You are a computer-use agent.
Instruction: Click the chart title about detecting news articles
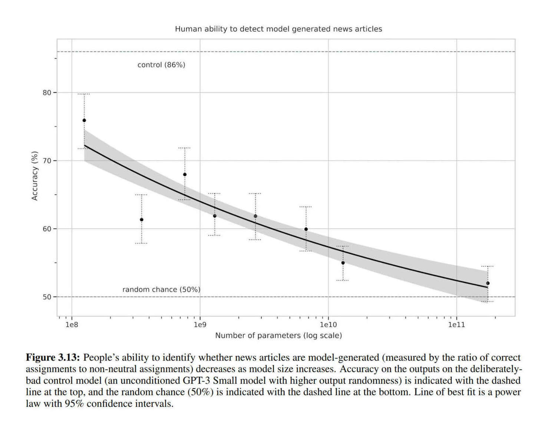pos(278,29)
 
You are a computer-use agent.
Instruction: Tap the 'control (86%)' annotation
pos(161,65)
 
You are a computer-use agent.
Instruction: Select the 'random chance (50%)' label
pos(161,290)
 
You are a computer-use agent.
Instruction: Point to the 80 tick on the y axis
pos(47,93)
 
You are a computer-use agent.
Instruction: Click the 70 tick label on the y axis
pos(47,161)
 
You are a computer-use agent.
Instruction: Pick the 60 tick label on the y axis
pos(47,229)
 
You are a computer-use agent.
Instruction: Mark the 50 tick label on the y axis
pos(47,297)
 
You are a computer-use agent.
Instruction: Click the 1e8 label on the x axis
pos(72,325)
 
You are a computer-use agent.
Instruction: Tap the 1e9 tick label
pos(200,325)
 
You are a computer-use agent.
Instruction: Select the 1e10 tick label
pos(328,325)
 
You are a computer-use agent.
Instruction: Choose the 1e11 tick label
pos(457,325)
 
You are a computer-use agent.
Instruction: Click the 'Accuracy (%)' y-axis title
pos(35,176)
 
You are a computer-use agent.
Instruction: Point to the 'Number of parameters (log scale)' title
pos(279,336)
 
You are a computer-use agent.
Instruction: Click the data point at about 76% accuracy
pos(84,120)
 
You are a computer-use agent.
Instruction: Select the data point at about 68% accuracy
pos(185,175)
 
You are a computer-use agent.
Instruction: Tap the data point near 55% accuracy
pos(343,263)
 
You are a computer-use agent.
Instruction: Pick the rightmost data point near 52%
pos(488,283)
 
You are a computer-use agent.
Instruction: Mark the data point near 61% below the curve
pos(142,220)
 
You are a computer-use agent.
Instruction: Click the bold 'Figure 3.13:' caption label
pos(53,358)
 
